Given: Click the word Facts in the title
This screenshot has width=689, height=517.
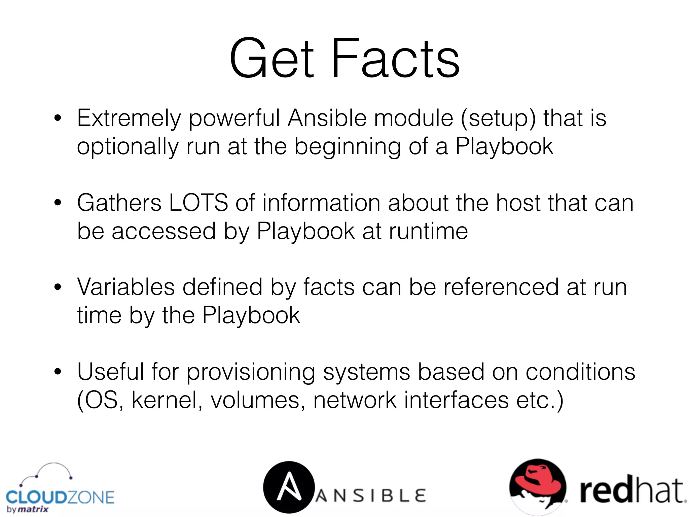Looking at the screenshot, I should (x=395, y=59).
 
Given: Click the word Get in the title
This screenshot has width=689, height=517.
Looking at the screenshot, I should (x=272, y=59).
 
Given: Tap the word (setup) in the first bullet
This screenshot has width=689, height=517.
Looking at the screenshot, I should (x=498, y=118).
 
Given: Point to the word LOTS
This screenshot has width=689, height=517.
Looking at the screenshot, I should (x=198, y=203).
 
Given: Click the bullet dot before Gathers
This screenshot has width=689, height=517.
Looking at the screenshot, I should (x=58, y=203).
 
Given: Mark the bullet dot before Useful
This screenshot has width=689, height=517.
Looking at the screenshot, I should (x=58, y=372).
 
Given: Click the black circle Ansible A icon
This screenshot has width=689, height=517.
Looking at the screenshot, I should (x=288, y=487).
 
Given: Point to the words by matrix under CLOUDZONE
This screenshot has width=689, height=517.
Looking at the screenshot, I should (x=28, y=509).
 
